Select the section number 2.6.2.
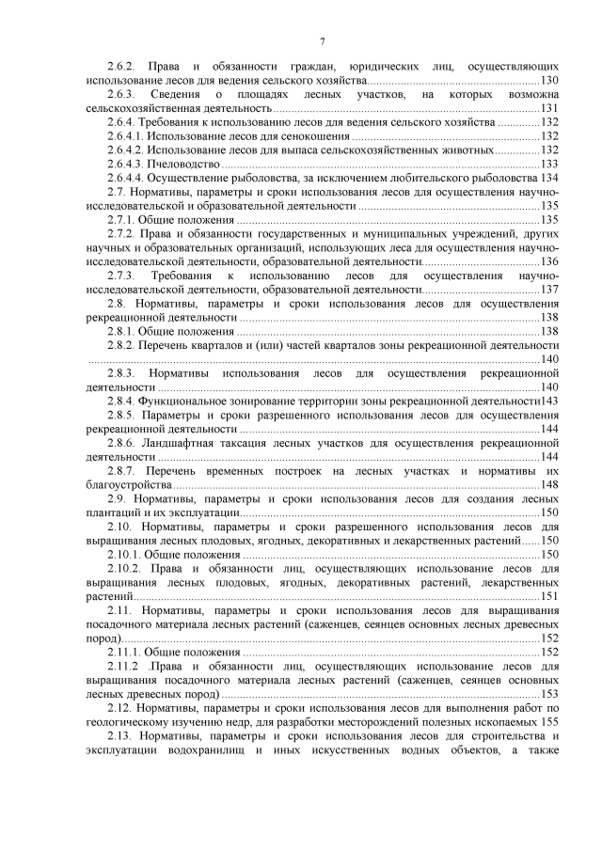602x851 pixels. click(x=122, y=67)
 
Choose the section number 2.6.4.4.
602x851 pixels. click(x=129, y=178)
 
